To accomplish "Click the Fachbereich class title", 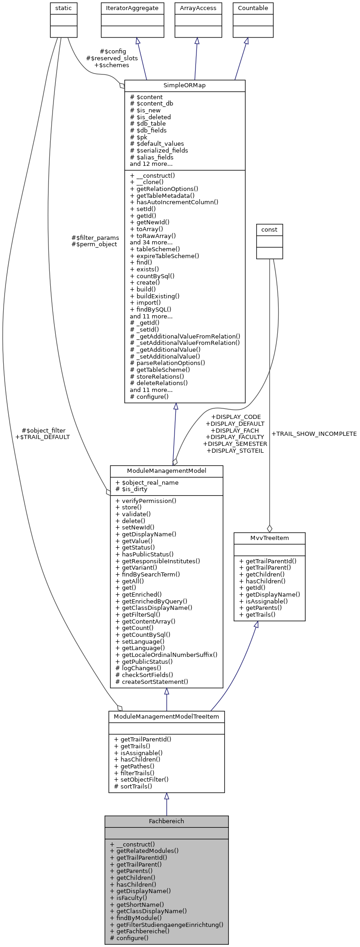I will click(166, 821).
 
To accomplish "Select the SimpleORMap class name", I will click(185, 85).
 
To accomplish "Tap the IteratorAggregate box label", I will click(132, 8).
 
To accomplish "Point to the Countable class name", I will click(253, 8).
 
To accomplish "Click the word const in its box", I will click(270, 229).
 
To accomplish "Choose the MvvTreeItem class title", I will click(270, 538).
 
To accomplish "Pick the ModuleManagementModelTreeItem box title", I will click(166, 716).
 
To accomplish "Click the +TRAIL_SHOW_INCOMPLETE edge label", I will click(314, 434).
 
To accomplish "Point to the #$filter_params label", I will click(95, 238).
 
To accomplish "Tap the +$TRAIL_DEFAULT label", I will click(42, 437).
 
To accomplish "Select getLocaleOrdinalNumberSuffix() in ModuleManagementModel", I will click(169, 655).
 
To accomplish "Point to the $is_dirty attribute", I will click(135, 489).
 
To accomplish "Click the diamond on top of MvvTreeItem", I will click(270, 529).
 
